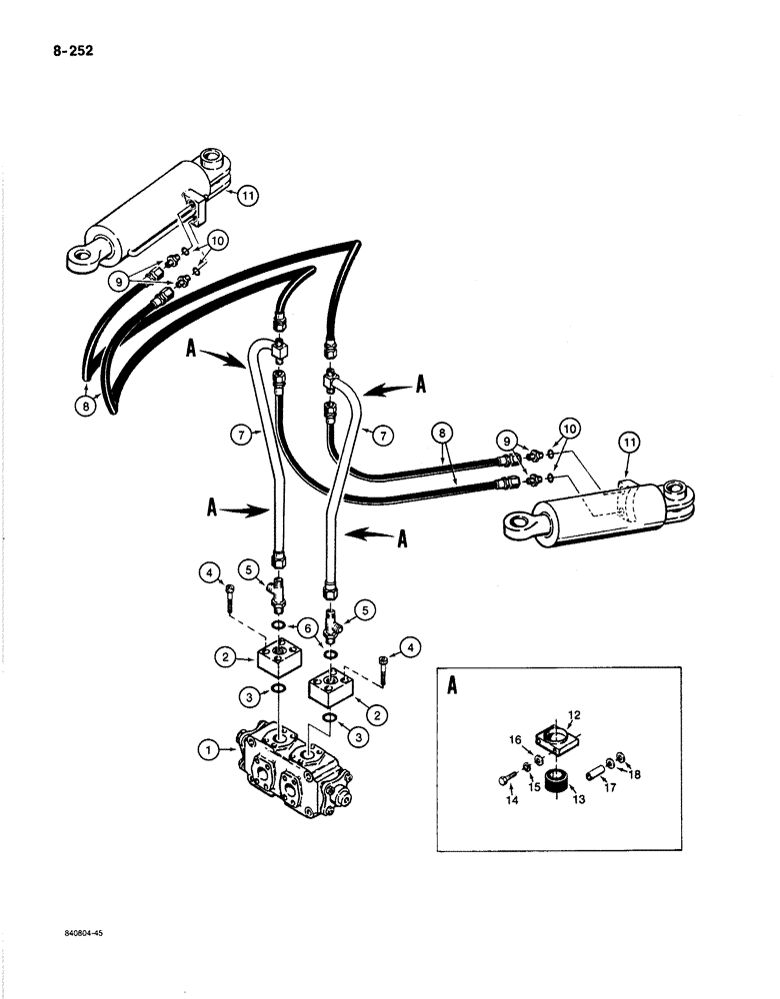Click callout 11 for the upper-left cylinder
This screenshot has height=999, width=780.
click(x=246, y=196)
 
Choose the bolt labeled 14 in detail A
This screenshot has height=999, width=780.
click(x=505, y=776)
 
